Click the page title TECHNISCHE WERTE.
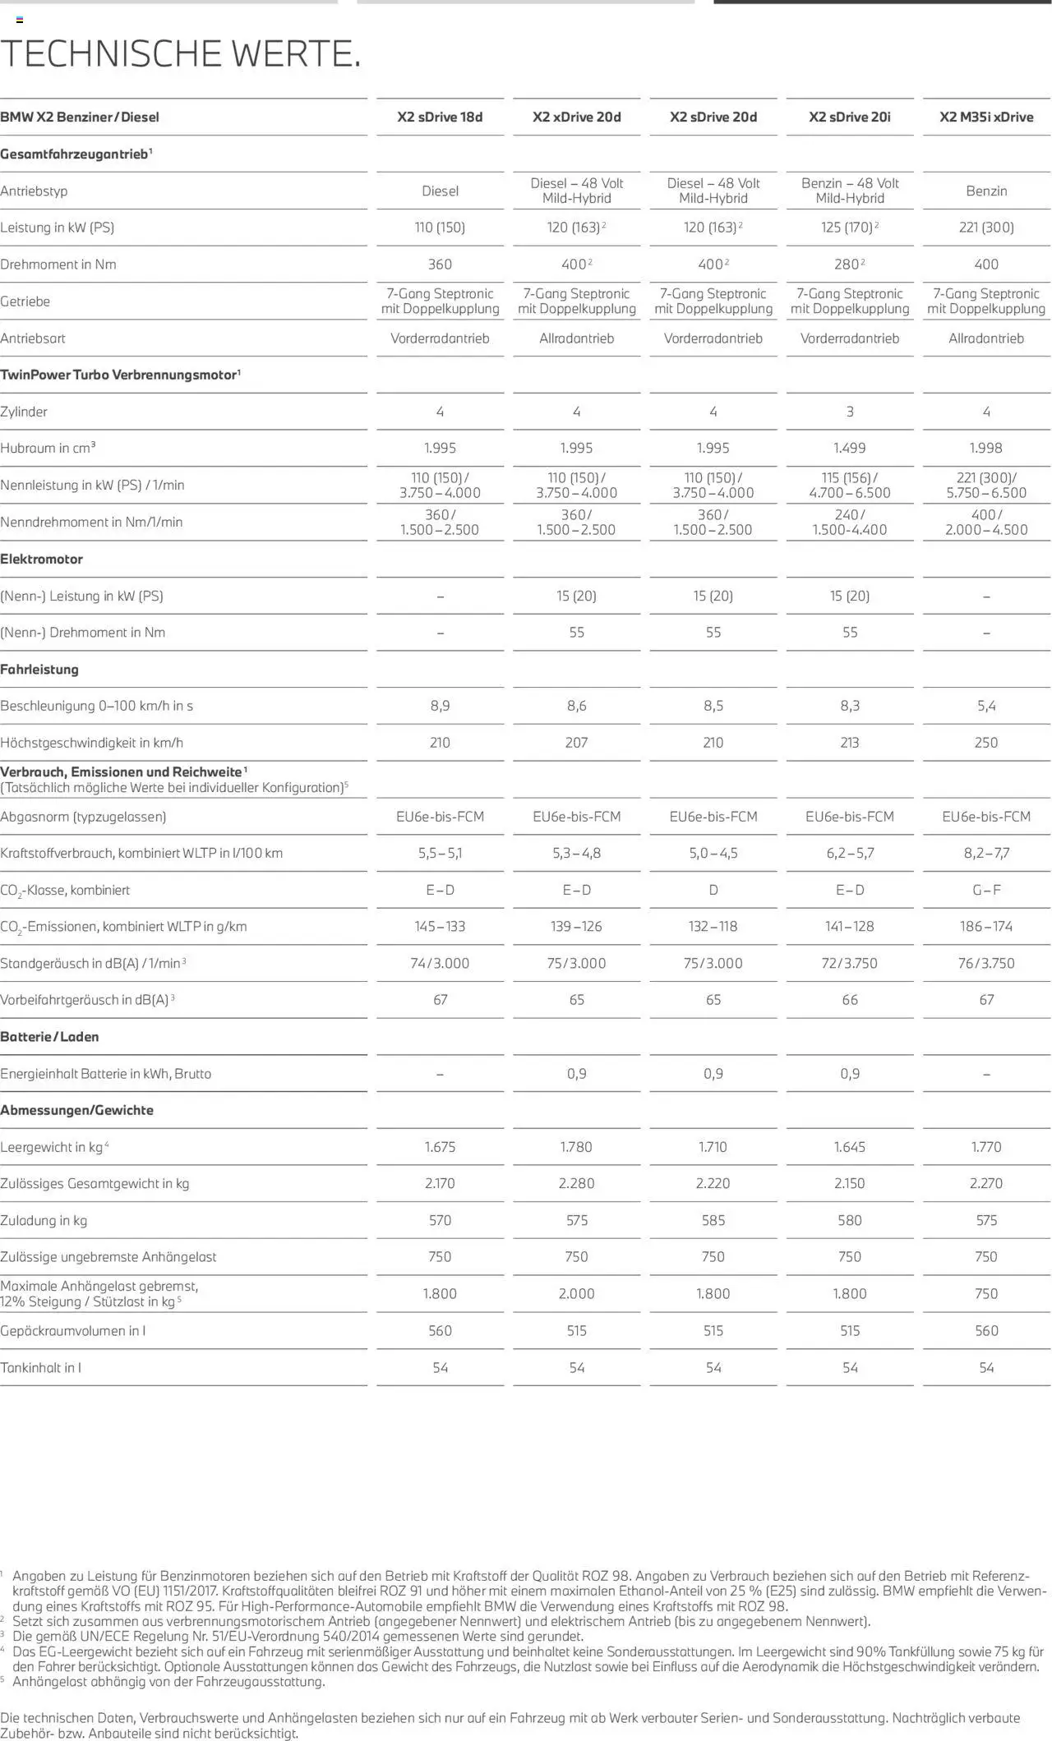(181, 53)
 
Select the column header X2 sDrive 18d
(440, 117)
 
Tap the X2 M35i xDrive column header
(986, 117)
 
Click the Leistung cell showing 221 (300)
(986, 228)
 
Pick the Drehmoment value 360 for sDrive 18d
(440, 265)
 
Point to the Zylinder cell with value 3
(850, 412)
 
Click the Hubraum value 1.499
(850, 449)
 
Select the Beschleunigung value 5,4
(986, 706)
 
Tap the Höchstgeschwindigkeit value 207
(576, 743)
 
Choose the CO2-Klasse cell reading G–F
(986, 890)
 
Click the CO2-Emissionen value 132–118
(713, 927)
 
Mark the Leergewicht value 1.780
(576, 1147)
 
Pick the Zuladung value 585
(713, 1221)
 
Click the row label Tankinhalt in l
(41, 1368)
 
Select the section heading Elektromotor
(42, 560)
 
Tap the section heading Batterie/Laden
(49, 1037)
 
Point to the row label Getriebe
(25, 302)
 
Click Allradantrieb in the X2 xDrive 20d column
(576, 339)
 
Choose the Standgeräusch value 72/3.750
(850, 964)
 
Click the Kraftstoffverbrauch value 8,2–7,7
(986, 854)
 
